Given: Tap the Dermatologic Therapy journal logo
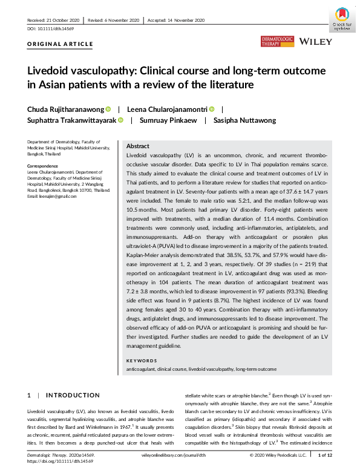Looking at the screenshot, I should (277, 41).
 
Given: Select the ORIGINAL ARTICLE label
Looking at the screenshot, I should (61, 44).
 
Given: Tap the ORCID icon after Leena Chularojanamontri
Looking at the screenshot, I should (212, 109).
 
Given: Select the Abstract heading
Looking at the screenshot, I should (137, 146).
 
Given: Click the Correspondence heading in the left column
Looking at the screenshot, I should (44, 165).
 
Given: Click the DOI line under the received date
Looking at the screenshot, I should (50, 29).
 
